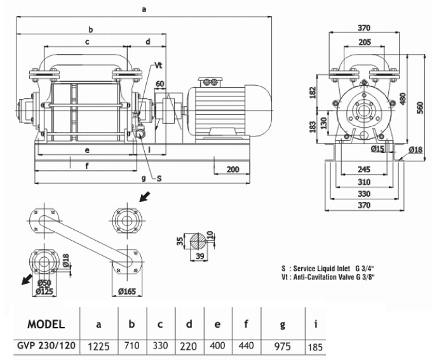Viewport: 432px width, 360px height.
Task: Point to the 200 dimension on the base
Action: pos(232,170)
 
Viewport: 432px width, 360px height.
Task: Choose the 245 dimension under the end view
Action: pos(364,170)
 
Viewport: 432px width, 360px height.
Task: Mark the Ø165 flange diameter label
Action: pos(127,291)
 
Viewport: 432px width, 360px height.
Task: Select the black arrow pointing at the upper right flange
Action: pos(145,197)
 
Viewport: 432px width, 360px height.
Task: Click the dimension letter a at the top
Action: pos(144,9)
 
